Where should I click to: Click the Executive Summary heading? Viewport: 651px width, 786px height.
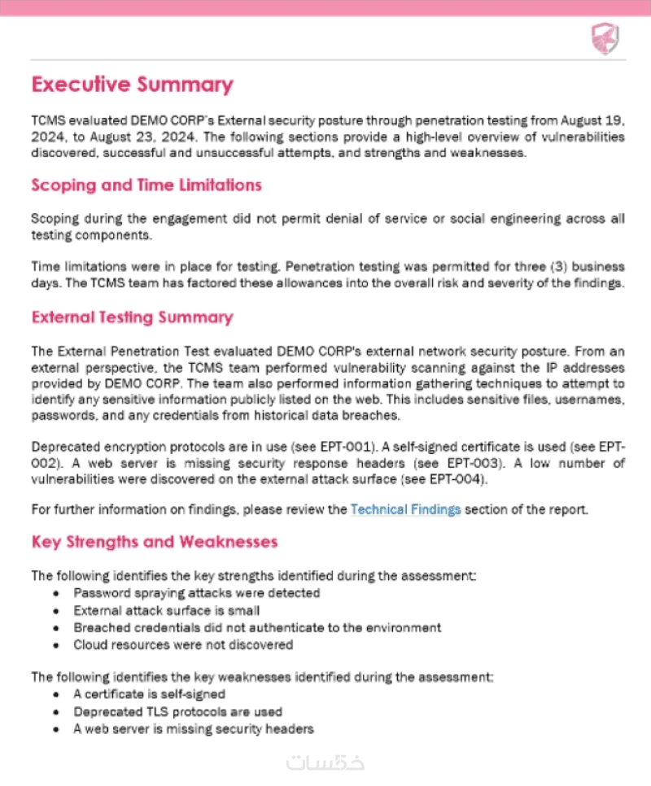coord(132,85)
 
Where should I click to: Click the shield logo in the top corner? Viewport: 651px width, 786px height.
coord(604,37)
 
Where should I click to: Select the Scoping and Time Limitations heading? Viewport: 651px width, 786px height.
coord(146,186)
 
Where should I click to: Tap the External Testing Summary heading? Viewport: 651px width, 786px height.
coord(132,317)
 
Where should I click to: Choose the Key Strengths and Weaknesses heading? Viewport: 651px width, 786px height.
coord(155,542)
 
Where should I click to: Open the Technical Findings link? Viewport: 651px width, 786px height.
coord(405,510)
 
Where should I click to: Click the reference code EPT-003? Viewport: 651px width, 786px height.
coord(439,464)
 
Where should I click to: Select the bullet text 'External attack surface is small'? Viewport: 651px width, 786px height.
coord(167,610)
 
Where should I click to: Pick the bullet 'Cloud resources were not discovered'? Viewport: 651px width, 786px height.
coord(183,644)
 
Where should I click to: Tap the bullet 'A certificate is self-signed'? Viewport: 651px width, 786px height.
coord(149,695)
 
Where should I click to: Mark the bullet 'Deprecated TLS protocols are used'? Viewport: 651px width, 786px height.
coord(177,712)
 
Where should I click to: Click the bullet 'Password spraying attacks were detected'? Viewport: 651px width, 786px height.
coord(196,593)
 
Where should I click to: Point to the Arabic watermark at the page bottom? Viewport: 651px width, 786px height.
coord(325,762)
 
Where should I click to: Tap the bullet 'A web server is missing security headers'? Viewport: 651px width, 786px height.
coord(193,729)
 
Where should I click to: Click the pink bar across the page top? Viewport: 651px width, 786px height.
coord(325,7)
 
